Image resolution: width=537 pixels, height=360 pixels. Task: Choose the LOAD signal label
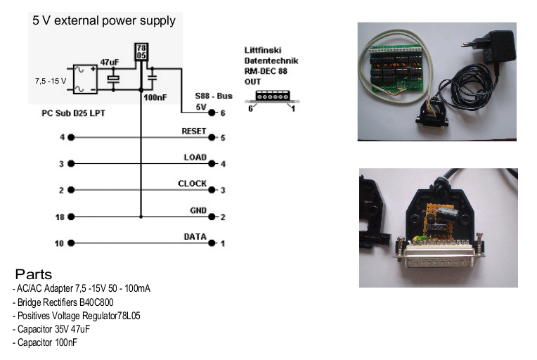[x=195, y=157]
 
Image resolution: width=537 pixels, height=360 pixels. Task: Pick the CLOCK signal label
[x=192, y=184]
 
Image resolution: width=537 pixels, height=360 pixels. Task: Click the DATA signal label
[x=195, y=237]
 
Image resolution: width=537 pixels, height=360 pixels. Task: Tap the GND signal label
[x=198, y=210]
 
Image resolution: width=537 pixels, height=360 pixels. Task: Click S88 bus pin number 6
[x=221, y=112]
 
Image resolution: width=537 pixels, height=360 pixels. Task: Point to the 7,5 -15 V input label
[x=50, y=81]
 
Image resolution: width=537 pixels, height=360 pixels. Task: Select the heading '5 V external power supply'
[x=104, y=21]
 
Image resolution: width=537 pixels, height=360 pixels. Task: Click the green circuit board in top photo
[x=397, y=66]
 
